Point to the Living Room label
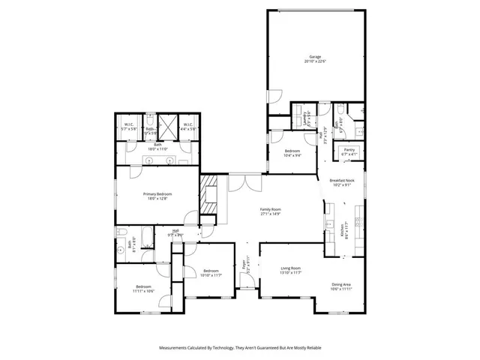click(290, 270)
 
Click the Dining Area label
click(341, 286)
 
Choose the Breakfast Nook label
click(342, 182)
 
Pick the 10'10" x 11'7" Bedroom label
click(210, 273)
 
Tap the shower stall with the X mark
click(169, 126)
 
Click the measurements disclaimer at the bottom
click(240, 348)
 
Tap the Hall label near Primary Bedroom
click(175, 232)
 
